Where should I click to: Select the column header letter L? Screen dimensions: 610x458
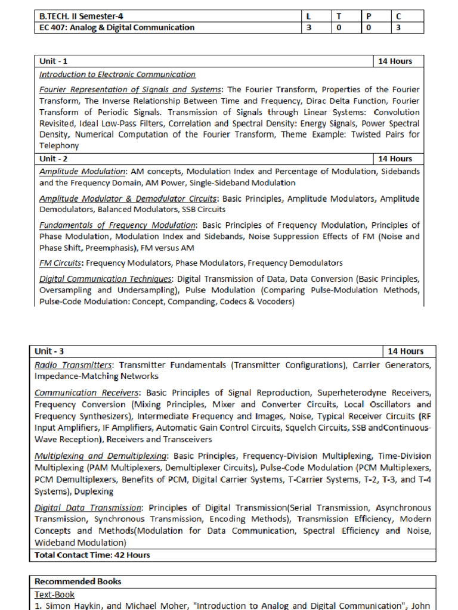click(x=307, y=17)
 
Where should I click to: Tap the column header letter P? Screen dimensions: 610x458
click(x=369, y=17)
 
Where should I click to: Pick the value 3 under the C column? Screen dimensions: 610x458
click(x=398, y=27)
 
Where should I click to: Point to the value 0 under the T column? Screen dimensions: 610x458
click(x=338, y=27)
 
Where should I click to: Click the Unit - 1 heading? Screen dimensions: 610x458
click(x=54, y=61)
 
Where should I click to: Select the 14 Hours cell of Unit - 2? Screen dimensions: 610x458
click(x=395, y=158)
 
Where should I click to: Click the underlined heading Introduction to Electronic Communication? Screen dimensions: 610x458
click(x=117, y=74)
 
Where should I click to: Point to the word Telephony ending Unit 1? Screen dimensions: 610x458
click(x=59, y=145)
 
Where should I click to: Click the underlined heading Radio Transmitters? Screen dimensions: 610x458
click(x=73, y=365)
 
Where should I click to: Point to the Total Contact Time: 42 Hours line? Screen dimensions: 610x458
click(x=92, y=555)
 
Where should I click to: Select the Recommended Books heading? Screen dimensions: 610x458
click(x=78, y=581)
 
